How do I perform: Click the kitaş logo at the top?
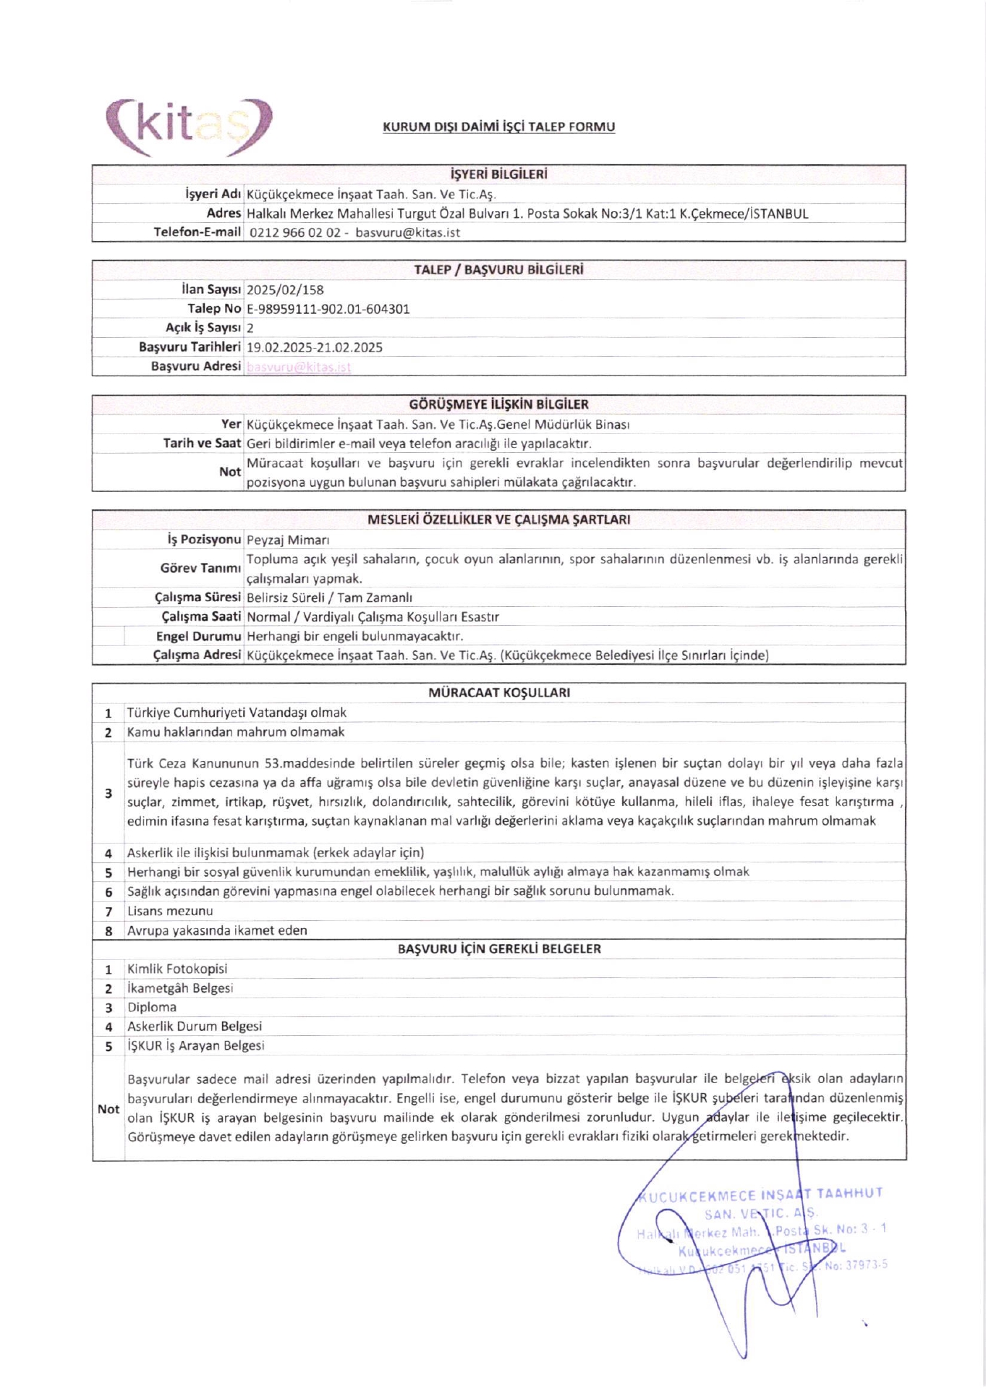point(190,127)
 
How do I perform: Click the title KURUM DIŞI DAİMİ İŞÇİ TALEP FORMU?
point(498,127)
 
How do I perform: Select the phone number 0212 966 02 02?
point(294,233)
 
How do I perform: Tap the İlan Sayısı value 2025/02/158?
point(285,289)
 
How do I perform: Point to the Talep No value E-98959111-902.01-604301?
point(328,309)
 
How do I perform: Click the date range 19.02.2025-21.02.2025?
point(314,347)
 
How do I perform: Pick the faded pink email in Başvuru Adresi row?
point(298,367)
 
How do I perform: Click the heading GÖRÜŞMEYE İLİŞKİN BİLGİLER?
point(498,404)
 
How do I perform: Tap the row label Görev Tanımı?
point(200,569)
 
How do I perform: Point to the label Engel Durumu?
point(198,637)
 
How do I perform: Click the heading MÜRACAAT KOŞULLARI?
point(498,692)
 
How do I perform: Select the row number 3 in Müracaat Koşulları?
point(109,794)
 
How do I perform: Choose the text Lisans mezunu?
point(170,911)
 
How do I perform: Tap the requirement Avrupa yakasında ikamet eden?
point(217,930)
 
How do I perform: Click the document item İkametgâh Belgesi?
point(180,988)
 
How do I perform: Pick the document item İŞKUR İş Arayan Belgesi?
point(195,1045)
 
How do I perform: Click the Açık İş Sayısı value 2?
point(250,328)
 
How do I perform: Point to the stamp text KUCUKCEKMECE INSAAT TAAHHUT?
point(760,1196)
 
